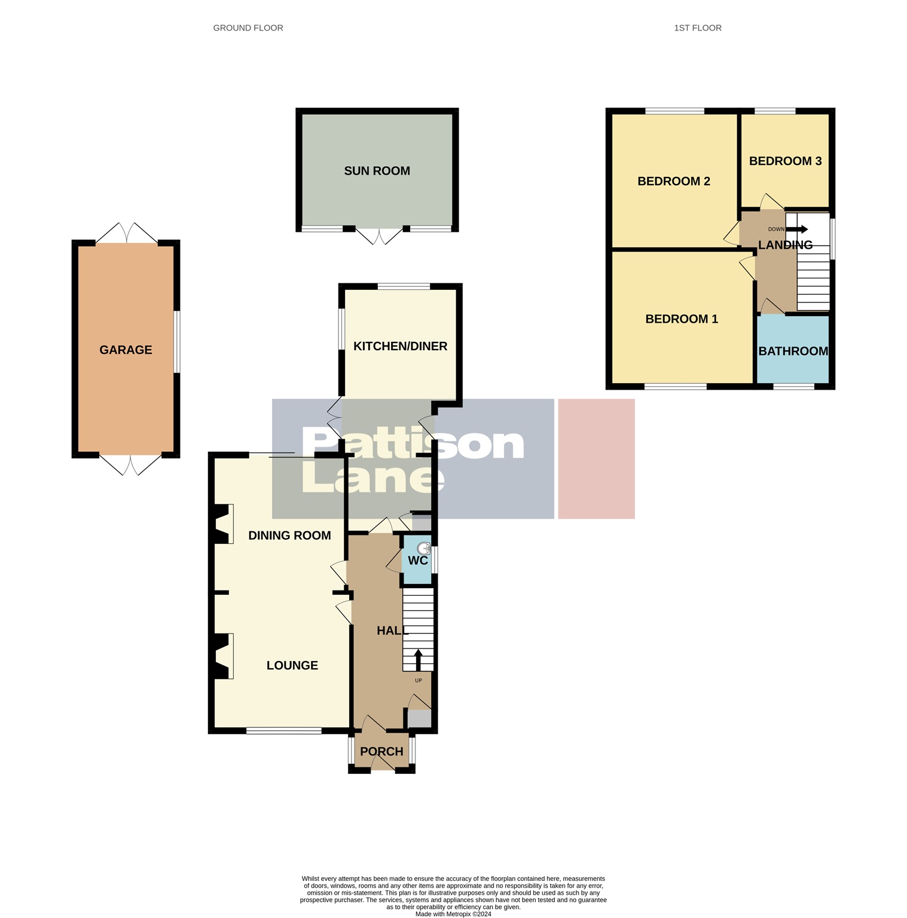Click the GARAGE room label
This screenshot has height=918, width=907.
coord(126,350)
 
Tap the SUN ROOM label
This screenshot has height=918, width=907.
coord(377,171)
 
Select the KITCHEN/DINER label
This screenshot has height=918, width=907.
coord(400,346)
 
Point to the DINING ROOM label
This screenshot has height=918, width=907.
coord(289,535)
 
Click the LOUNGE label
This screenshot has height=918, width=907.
coord(292,665)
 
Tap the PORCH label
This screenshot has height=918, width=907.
coord(381,751)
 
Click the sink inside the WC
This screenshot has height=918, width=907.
coord(423,548)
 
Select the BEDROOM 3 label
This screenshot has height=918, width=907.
coord(785,161)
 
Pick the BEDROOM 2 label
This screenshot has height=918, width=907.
coord(673,181)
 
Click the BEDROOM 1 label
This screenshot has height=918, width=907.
coord(681,319)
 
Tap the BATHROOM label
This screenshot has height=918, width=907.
coord(793,351)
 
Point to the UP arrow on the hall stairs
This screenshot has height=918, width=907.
coord(418,660)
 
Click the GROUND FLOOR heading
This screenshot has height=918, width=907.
coord(248,28)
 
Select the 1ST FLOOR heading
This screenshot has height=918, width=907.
coord(697,28)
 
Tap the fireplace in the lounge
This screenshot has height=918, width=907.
coord(223,656)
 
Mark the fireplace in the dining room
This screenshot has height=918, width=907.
coord(223,524)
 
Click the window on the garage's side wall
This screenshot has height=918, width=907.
coord(177,341)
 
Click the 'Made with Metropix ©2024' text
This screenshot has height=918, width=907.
coord(453,914)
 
